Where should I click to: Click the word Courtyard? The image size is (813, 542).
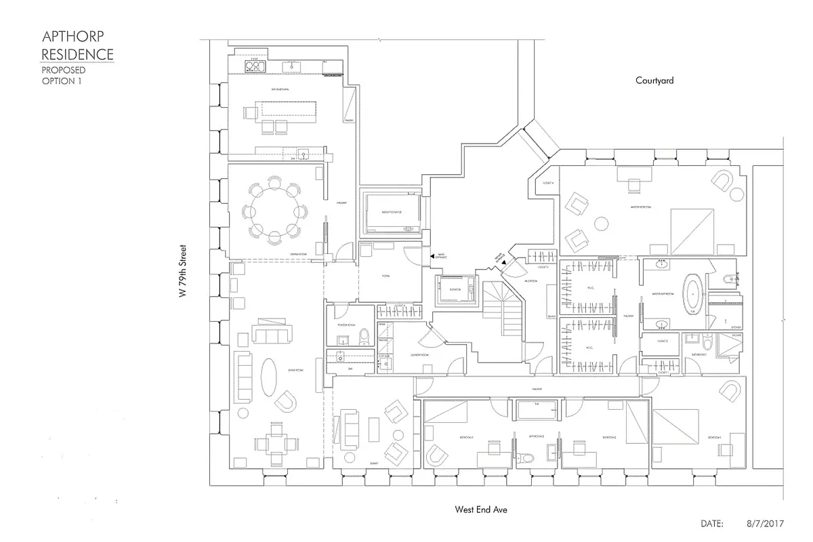click(x=654, y=81)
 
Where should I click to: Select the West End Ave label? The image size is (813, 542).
click(x=481, y=509)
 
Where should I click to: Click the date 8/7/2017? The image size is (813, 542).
click(x=766, y=524)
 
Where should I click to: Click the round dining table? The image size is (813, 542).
click(x=274, y=211)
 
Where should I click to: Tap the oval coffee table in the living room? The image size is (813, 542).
click(x=268, y=377)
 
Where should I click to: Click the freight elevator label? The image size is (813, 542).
click(x=392, y=212)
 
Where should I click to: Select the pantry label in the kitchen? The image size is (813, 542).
click(x=350, y=121)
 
